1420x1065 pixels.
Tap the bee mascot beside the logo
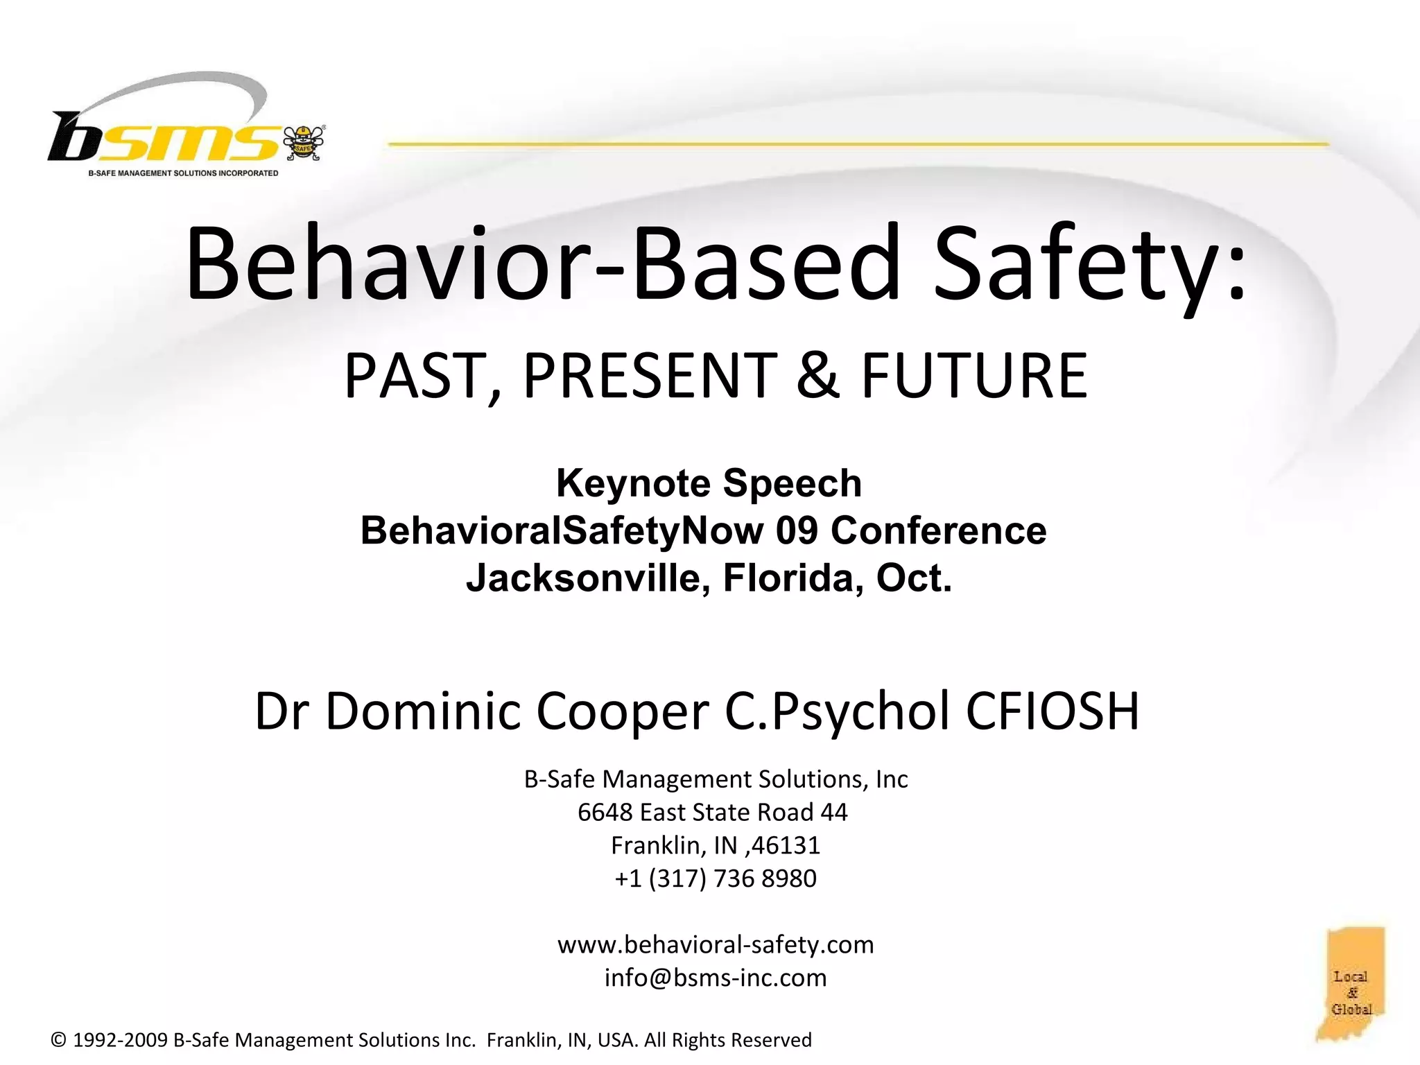point(304,143)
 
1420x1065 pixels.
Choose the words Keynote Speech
point(709,483)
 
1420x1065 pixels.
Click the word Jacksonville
point(588,578)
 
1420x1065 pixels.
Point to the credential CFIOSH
point(1052,711)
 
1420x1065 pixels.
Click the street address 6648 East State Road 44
point(712,812)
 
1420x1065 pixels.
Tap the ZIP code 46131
point(786,845)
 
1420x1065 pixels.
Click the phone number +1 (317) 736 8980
point(716,878)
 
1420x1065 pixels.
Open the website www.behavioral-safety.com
point(716,944)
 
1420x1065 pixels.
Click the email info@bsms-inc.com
point(716,978)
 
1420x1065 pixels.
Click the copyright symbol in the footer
point(59,1040)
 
